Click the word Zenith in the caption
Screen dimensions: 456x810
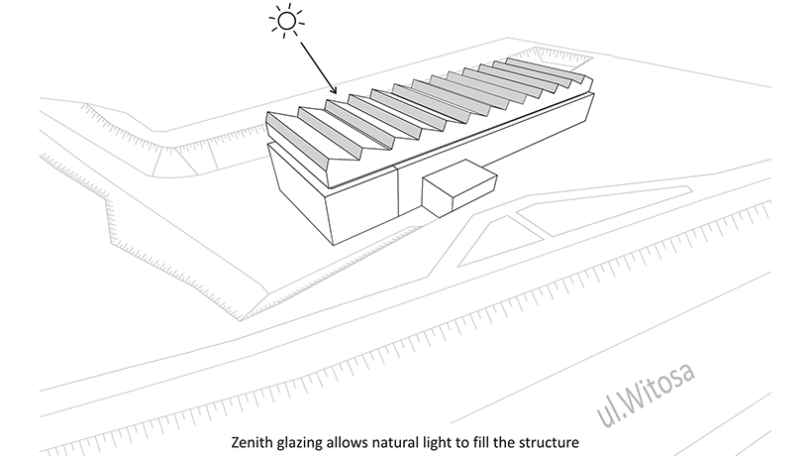click(252, 438)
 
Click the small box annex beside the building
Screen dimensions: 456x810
click(457, 189)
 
